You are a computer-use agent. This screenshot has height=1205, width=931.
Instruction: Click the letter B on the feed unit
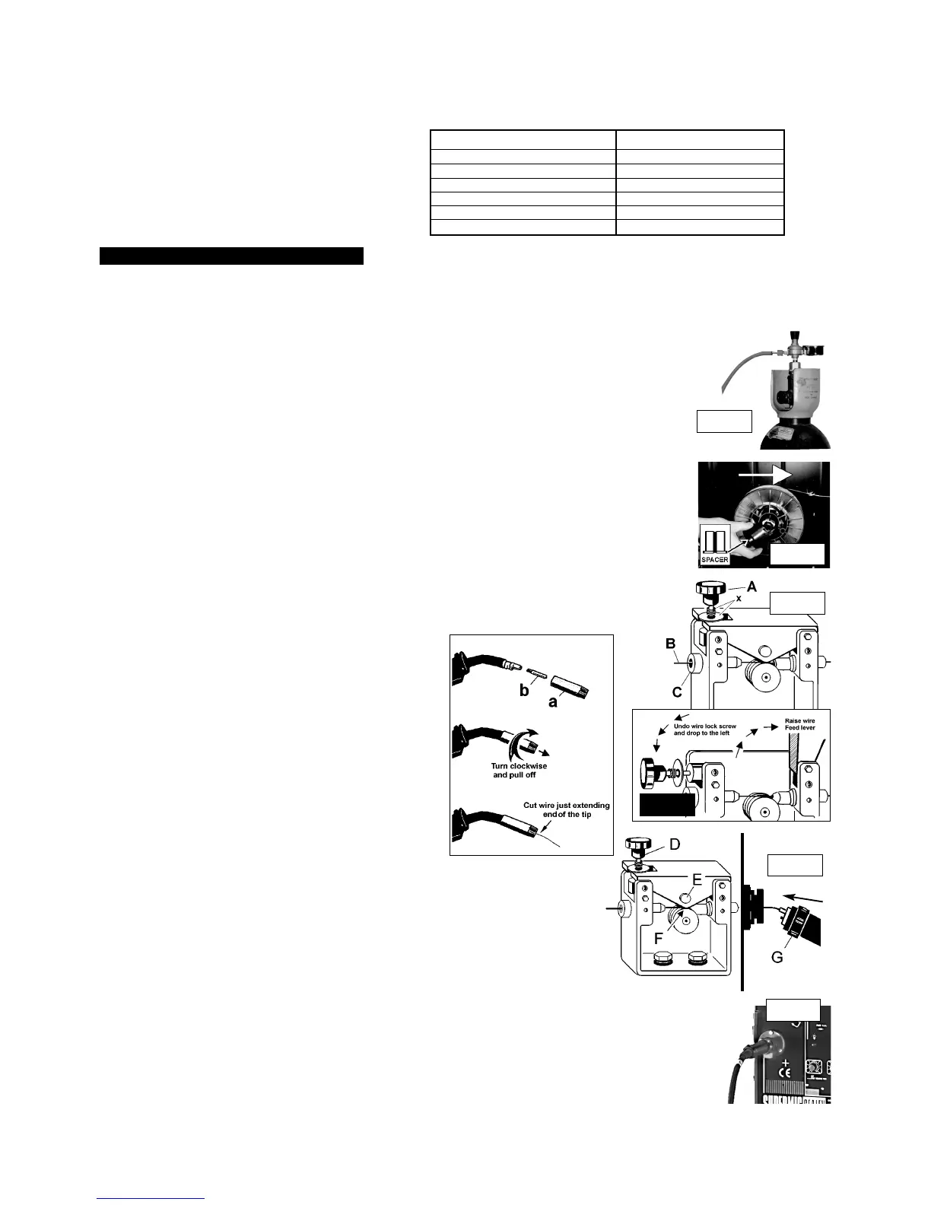click(x=672, y=645)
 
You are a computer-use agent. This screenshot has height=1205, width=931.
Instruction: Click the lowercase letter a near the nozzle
click(x=553, y=701)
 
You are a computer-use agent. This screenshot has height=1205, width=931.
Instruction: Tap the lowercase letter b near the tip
click(x=523, y=692)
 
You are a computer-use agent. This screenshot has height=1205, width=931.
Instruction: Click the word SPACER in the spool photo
click(x=714, y=559)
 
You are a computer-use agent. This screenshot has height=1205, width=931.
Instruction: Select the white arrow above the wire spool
click(x=765, y=474)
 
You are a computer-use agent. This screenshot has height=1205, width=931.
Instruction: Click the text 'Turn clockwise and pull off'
click(x=520, y=770)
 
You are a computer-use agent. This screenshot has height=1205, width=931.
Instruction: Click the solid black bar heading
click(x=232, y=256)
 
